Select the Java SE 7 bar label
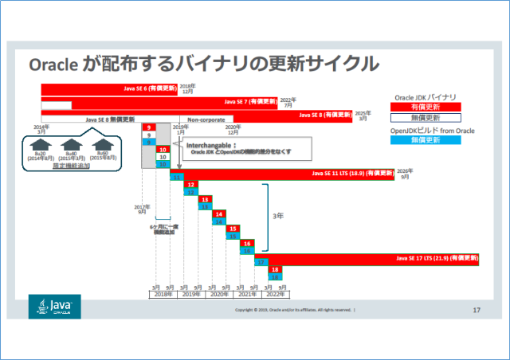(x=251, y=101)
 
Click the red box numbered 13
(x=205, y=199)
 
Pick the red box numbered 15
(x=233, y=229)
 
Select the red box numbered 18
(x=275, y=270)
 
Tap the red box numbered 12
(x=190, y=184)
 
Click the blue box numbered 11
(x=175, y=177)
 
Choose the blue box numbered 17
(x=261, y=262)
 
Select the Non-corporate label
(x=206, y=118)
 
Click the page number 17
(x=477, y=309)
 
